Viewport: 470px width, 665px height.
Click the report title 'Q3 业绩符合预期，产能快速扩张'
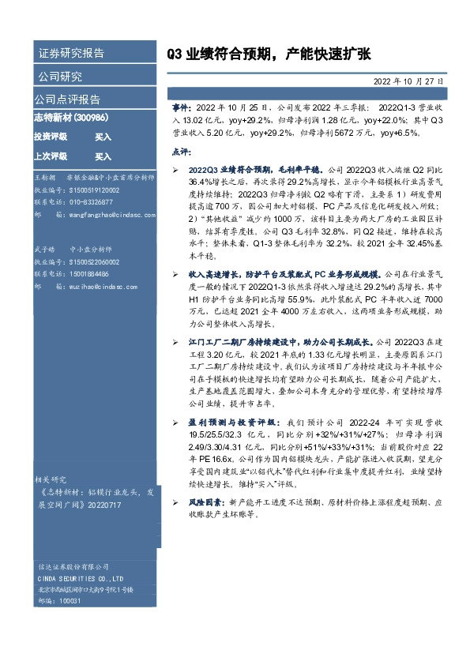[268, 54]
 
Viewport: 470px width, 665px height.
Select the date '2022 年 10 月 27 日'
[408, 81]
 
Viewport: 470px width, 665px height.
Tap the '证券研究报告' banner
[71, 54]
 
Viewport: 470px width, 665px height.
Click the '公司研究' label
[60, 77]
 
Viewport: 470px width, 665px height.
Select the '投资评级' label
[51, 137]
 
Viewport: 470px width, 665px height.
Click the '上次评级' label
[51, 156]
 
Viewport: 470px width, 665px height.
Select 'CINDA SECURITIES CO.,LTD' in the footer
[81, 577]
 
